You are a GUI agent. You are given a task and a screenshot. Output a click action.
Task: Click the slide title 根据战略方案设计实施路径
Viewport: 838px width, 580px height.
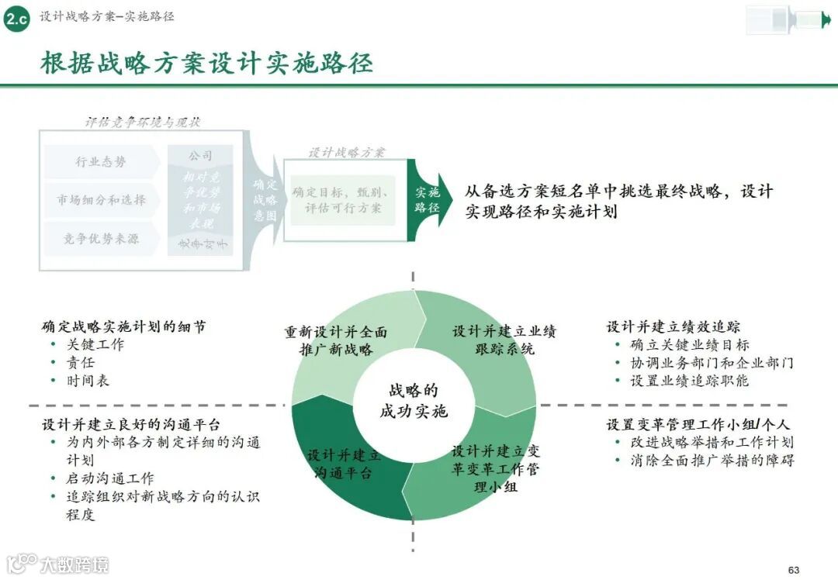pos(206,64)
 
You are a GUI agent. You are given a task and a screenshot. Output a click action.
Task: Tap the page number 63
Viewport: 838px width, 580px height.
pos(793,570)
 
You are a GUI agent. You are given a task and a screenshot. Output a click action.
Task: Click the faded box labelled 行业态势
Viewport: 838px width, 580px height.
pos(101,162)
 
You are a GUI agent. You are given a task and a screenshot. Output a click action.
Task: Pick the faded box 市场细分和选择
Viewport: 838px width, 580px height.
pos(101,200)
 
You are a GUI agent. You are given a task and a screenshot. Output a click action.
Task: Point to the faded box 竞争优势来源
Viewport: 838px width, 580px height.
pos(101,239)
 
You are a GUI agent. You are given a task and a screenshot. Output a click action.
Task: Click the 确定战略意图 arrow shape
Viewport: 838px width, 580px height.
pos(265,200)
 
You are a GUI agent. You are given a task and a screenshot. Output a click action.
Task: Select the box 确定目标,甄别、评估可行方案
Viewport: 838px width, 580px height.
pos(343,200)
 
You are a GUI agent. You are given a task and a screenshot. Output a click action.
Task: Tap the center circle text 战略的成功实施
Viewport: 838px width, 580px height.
pos(414,401)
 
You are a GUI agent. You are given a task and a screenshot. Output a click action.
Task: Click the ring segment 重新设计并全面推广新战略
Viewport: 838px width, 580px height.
pos(336,341)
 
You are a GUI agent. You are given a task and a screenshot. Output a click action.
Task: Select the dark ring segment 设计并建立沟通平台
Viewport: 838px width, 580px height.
pos(344,464)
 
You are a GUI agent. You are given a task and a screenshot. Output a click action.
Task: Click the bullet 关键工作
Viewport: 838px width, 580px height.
pos(95,344)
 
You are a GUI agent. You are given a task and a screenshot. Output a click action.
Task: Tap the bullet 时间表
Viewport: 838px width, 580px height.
pos(88,380)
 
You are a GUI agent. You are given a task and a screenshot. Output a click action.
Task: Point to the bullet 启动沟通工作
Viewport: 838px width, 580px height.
pos(109,478)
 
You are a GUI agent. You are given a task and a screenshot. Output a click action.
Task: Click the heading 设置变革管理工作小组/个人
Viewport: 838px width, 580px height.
pos(698,425)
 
